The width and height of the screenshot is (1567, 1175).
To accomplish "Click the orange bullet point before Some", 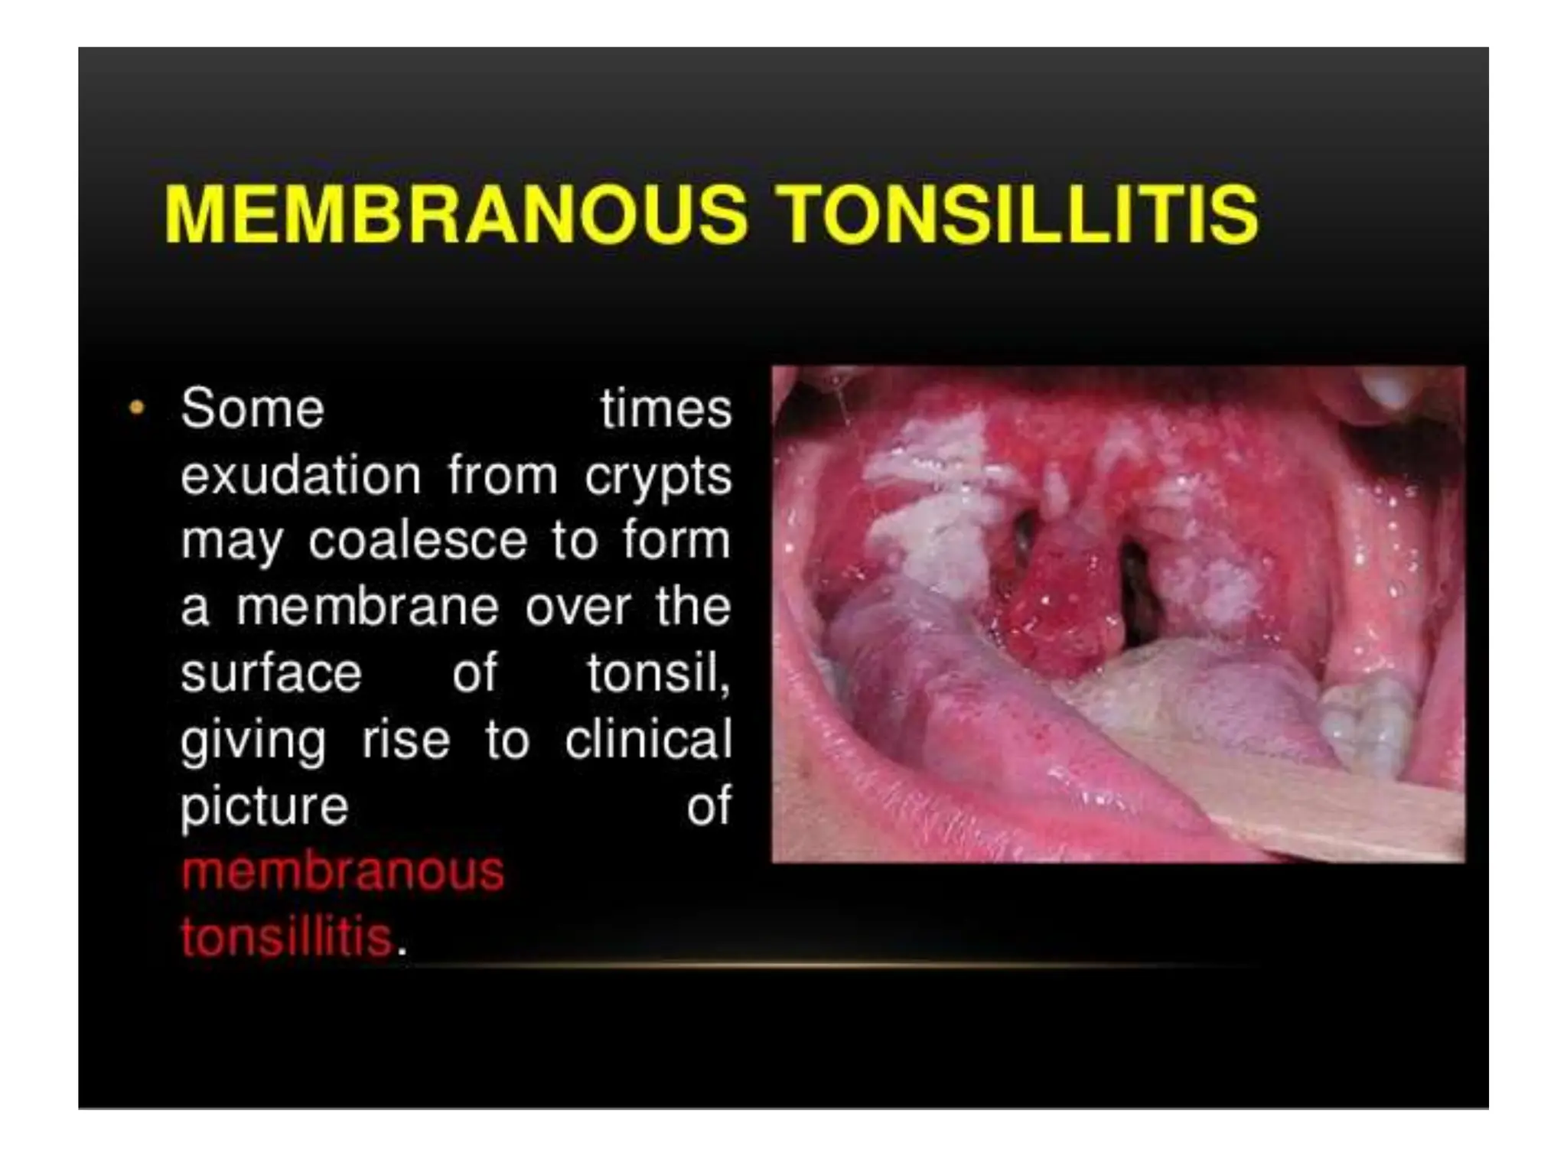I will pyautogui.click(x=137, y=408).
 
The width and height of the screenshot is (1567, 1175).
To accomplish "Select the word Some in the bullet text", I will pyautogui.click(x=252, y=408).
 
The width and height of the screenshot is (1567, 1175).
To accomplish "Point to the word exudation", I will pyautogui.click(x=301, y=475).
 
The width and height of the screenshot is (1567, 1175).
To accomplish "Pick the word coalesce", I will pyautogui.click(x=418, y=541).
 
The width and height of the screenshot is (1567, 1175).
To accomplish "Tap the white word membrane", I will pyautogui.click(x=367, y=607).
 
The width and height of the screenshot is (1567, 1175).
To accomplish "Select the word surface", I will pyautogui.click(x=271, y=673).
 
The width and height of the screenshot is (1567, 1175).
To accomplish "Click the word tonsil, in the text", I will pyautogui.click(x=658, y=673).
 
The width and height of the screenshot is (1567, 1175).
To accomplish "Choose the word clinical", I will pyautogui.click(x=648, y=739).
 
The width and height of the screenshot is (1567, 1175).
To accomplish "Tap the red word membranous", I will pyautogui.click(x=343, y=871).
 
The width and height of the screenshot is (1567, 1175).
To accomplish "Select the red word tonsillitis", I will pyautogui.click(x=286, y=937).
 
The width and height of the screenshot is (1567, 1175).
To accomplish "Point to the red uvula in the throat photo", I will pyautogui.click(x=1060, y=604).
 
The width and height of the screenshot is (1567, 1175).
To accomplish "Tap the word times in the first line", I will pyautogui.click(x=666, y=408).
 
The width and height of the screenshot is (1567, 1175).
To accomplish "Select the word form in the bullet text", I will pyautogui.click(x=676, y=541).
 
